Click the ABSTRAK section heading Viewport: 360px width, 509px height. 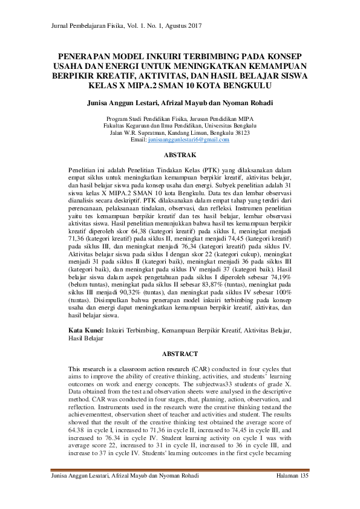(x=180, y=155)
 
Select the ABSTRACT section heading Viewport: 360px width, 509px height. (x=180, y=353)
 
